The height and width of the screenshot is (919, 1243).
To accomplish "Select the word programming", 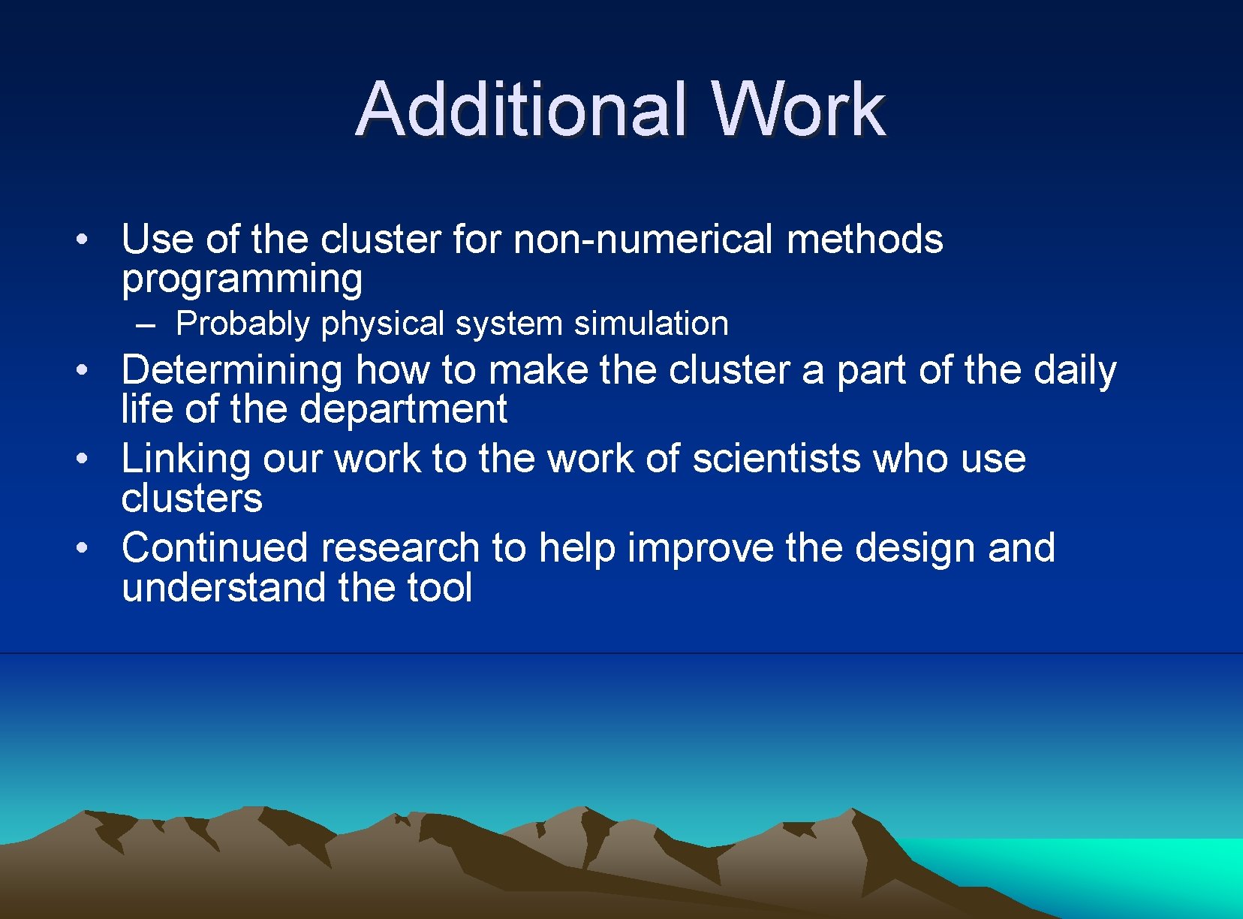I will pos(242,279).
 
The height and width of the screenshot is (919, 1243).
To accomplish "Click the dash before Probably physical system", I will pos(146,325).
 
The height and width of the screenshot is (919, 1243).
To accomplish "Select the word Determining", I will pos(232,370).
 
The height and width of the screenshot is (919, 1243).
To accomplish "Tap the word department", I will pos(403,409).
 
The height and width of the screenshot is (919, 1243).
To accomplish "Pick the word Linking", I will pos(185,459).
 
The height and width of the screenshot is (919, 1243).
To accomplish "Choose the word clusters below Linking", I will pos(191,499).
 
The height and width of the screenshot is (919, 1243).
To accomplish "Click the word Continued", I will pos(215,547).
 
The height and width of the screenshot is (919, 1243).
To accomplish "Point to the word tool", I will pos(439,587).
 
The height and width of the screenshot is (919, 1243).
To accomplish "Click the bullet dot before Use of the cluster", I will pos(83,240).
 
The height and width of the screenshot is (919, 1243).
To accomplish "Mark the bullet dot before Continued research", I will pos(83,548).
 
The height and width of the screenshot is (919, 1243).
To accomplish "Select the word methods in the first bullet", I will pos(864,240).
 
